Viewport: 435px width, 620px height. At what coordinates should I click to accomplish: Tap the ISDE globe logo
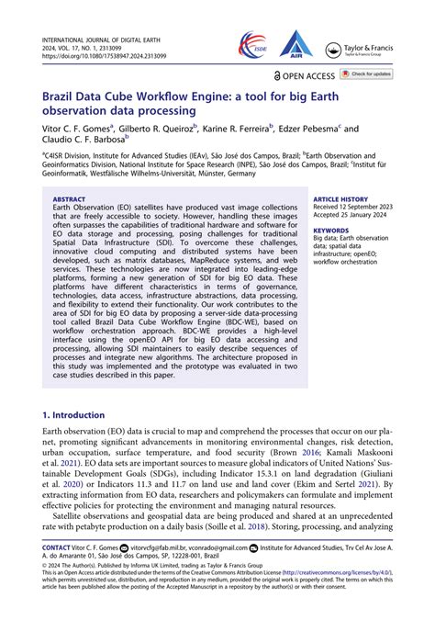251,42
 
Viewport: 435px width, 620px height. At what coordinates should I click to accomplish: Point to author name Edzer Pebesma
307,130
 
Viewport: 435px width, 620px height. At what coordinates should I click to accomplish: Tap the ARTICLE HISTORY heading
340,198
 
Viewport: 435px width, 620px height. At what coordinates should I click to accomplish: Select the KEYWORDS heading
330,231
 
